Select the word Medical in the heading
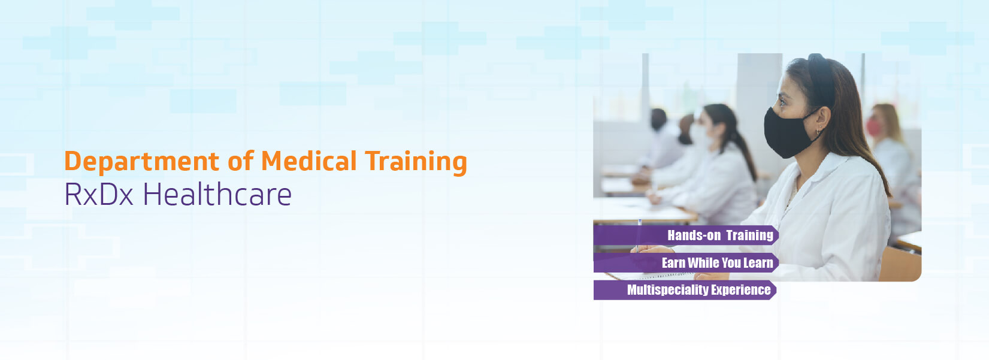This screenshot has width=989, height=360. point(309,161)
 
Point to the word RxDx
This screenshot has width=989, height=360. point(99,194)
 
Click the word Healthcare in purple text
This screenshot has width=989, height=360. point(217,194)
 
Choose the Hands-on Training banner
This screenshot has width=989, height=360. point(686,235)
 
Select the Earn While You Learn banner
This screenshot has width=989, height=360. point(686,263)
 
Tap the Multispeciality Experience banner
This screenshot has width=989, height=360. point(685,290)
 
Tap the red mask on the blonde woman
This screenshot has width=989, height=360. point(873,127)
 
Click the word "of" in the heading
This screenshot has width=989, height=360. point(241,161)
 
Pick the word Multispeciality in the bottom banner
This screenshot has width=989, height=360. point(667,290)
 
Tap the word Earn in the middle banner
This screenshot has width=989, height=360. point(673,263)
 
